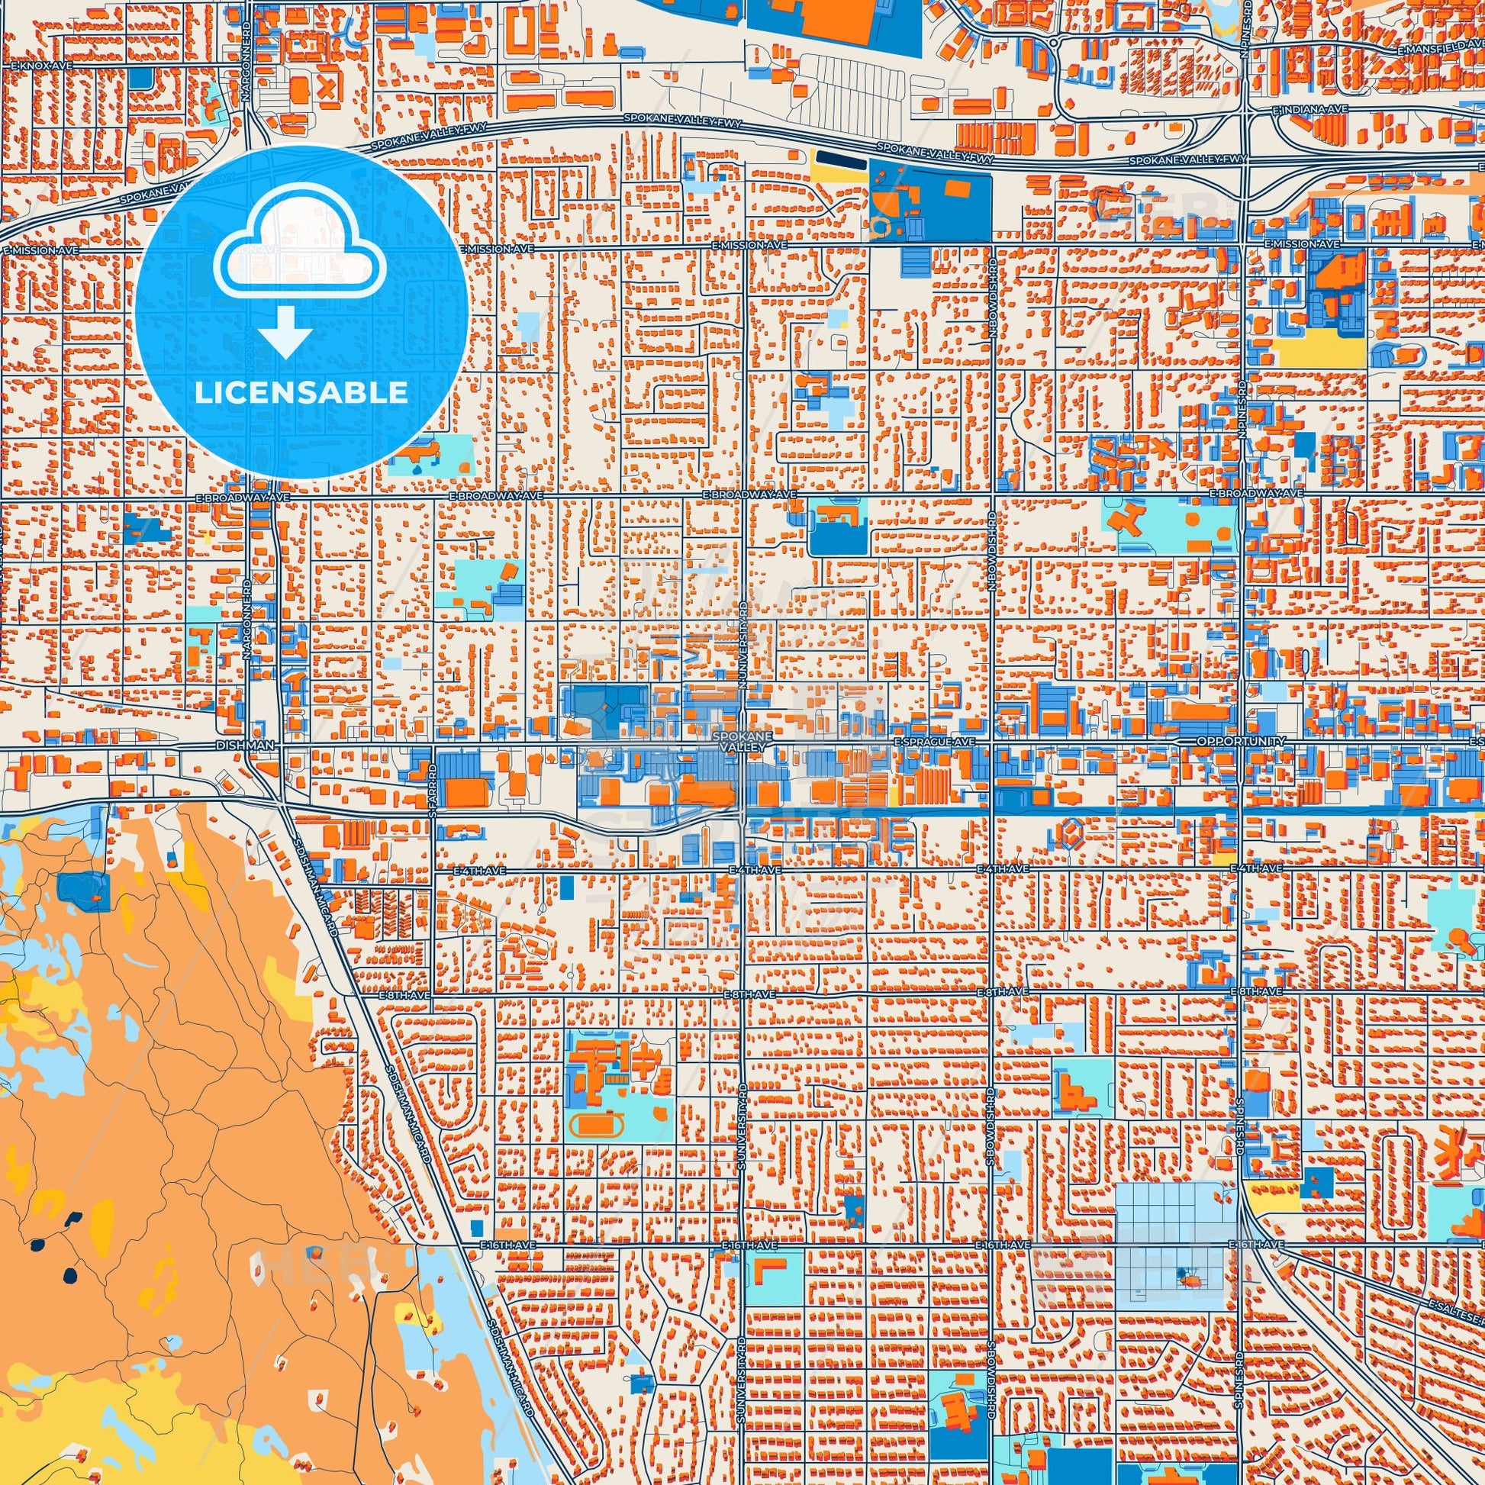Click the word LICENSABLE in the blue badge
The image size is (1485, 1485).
[x=301, y=393]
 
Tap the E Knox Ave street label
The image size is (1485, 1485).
[x=41, y=67]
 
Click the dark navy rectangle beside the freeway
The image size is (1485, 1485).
[x=839, y=156]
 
